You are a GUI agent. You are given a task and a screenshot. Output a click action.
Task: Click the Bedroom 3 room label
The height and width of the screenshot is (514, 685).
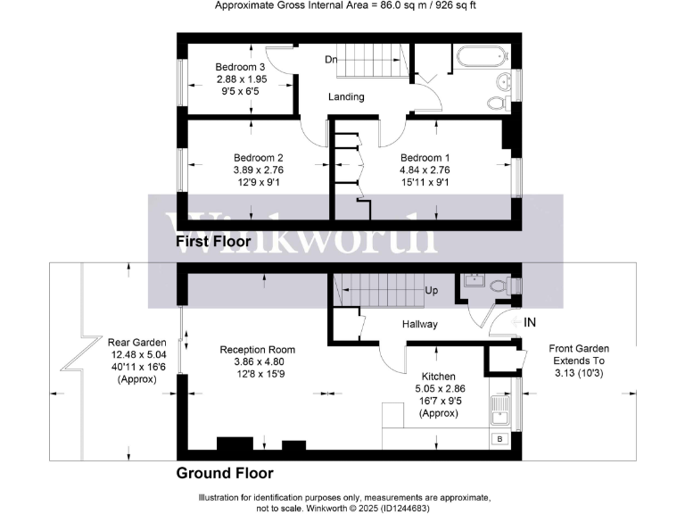(240, 67)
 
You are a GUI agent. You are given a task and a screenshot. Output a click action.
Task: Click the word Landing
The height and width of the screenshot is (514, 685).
(346, 96)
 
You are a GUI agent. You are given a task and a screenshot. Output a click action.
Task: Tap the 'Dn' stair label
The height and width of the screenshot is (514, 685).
(331, 60)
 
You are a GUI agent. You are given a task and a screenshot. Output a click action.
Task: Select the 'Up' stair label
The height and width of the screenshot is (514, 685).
(431, 291)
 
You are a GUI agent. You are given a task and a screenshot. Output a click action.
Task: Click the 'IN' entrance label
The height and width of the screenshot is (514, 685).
(530, 321)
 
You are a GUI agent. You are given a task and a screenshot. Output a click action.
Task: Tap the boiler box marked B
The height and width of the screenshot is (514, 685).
(499, 439)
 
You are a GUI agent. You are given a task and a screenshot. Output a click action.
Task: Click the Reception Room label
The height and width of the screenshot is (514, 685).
(258, 350)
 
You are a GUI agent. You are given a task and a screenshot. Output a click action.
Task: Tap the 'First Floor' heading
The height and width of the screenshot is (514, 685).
(213, 241)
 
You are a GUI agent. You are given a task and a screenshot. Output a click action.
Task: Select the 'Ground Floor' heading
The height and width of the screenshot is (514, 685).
(225, 473)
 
